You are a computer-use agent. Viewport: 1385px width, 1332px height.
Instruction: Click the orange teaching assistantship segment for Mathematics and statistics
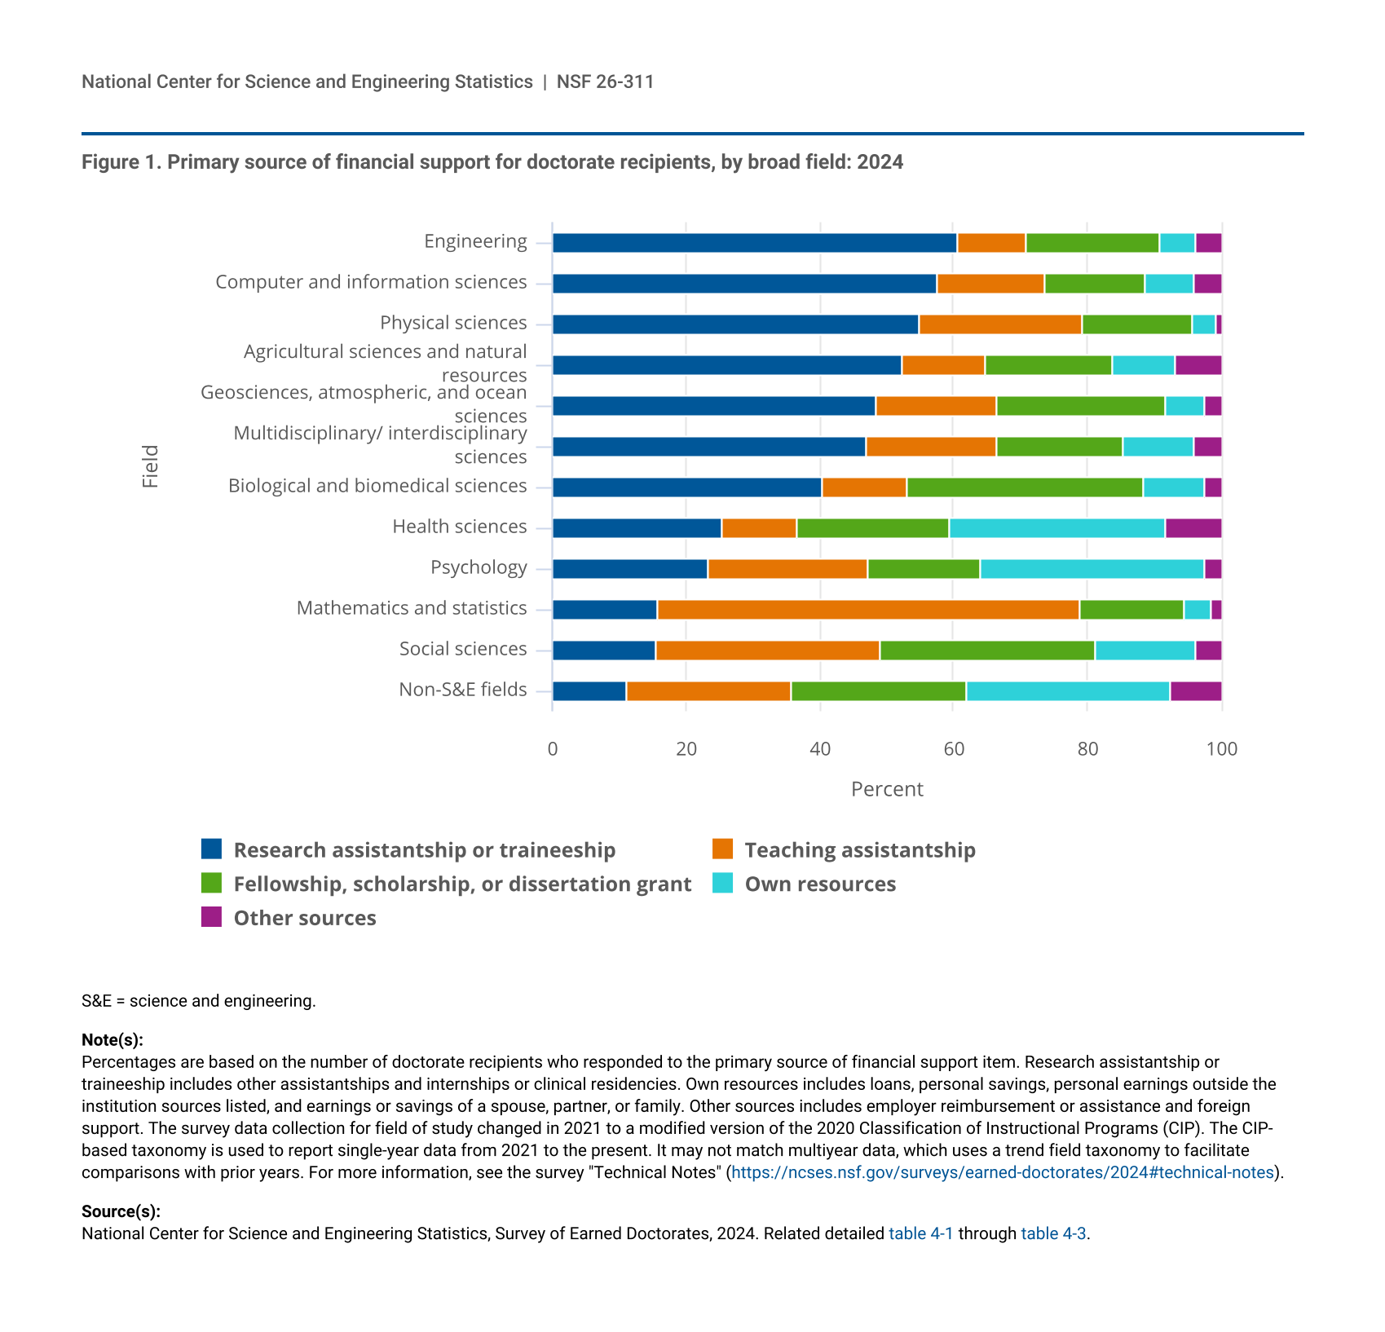(x=867, y=610)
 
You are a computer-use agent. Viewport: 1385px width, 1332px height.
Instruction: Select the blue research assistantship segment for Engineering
(x=754, y=243)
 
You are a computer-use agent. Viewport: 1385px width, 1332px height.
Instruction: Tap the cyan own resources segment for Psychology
(x=1092, y=569)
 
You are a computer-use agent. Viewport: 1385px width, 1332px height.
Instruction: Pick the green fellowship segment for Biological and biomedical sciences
(x=1024, y=487)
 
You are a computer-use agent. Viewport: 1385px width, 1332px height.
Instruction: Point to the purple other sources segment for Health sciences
(x=1193, y=528)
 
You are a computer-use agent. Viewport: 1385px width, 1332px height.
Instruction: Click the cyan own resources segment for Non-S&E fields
(x=1067, y=691)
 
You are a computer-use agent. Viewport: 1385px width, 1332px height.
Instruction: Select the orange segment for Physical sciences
(x=999, y=324)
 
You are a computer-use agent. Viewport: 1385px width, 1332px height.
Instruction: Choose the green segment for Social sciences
(x=986, y=651)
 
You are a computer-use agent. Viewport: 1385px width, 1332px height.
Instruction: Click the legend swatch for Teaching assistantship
(x=722, y=849)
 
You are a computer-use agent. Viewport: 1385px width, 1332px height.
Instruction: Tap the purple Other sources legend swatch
(x=211, y=917)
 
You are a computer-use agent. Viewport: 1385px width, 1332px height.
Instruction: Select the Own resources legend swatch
(x=722, y=883)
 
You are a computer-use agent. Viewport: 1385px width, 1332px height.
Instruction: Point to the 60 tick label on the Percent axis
(x=954, y=749)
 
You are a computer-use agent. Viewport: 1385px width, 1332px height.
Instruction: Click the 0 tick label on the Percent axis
(x=553, y=749)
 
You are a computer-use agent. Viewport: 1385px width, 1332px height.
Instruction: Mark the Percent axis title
(x=887, y=789)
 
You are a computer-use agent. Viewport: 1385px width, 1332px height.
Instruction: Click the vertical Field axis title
(x=150, y=466)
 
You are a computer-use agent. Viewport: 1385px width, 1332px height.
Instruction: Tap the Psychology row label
(x=479, y=567)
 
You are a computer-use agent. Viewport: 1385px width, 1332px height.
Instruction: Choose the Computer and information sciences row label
(x=371, y=282)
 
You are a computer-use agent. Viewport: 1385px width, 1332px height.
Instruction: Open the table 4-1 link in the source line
(x=920, y=1233)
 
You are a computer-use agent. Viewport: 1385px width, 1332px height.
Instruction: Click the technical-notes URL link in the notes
(x=1002, y=1172)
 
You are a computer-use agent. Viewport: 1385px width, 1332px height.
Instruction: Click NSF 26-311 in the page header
(x=605, y=82)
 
